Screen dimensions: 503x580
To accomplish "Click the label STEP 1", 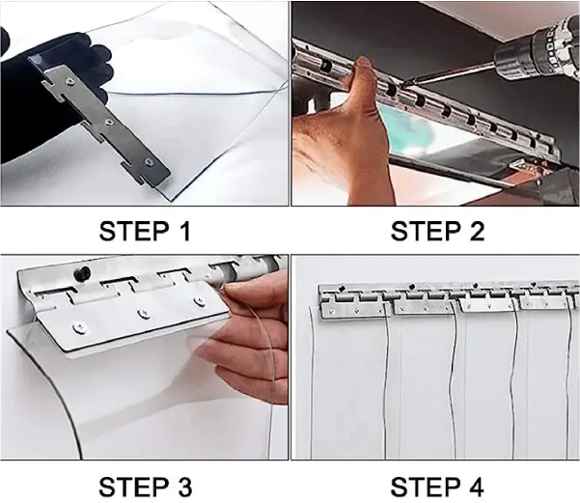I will coord(145,231).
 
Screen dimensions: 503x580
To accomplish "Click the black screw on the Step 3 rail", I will coord(84,274).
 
